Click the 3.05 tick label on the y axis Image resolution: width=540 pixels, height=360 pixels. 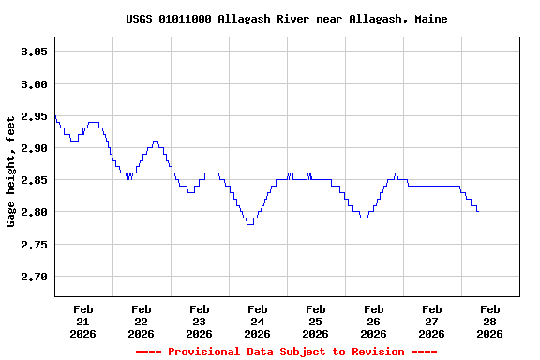[x=34, y=52]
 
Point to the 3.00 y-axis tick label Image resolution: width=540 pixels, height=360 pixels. [x=34, y=84]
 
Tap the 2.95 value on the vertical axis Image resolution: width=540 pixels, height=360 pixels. [x=34, y=116]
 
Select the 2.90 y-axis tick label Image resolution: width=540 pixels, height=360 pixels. [x=34, y=149]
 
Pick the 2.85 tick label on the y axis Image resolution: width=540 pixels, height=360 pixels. [x=34, y=181]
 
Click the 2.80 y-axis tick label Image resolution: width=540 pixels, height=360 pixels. [x=34, y=213]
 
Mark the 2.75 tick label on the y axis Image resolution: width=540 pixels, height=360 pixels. [x=34, y=245]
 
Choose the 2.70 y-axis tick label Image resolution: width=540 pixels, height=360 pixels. [x=34, y=277]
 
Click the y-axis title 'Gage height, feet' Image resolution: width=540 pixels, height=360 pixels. [x=11, y=172]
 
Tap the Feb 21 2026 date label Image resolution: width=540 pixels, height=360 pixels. [x=82, y=321]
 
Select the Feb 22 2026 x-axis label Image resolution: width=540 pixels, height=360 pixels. [x=141, y=321]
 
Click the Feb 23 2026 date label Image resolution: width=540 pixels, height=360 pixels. [x=199, y=321]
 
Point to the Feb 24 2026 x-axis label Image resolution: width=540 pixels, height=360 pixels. [x=257, y=321]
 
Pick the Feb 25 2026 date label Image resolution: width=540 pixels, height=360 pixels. [x=315, y=321]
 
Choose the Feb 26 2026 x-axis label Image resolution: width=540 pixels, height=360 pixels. [x=373, y=321]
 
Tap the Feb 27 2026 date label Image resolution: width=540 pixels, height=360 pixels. [x=431, y=321]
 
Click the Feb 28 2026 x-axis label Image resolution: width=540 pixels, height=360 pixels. [x=489, y=321]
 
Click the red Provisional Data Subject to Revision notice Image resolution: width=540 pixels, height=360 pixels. [x=286, y=352]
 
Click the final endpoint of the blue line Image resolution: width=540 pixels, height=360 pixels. [x=478, y=211]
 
